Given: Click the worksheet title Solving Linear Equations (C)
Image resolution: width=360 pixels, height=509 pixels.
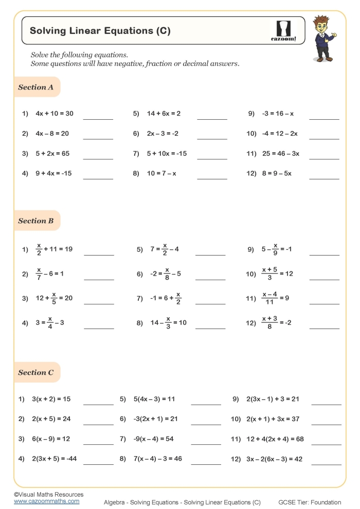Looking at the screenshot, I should (100, 31).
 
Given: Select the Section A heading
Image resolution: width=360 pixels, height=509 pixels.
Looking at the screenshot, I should (36, 87).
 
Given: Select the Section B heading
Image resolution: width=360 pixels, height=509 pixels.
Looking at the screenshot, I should (36, 221).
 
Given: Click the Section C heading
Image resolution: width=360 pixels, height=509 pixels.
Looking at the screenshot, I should (36, 373).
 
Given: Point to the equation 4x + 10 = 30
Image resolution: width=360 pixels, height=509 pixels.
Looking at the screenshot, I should (55, 114).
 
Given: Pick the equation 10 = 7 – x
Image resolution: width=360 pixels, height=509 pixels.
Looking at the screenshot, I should (161, 174).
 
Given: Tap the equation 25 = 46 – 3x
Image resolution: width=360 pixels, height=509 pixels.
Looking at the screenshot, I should (280, 154).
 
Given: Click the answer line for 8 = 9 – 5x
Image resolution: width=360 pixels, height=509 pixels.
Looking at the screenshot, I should (324, 178).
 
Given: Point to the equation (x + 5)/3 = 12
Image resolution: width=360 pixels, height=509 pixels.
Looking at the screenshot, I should (277, 274).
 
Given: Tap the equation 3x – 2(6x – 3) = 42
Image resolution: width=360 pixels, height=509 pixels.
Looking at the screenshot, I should (276, 459).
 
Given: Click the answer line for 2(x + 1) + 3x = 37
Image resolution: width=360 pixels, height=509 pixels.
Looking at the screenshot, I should (326, 424).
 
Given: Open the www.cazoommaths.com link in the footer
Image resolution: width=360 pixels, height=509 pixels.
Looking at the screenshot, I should (46, 501).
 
